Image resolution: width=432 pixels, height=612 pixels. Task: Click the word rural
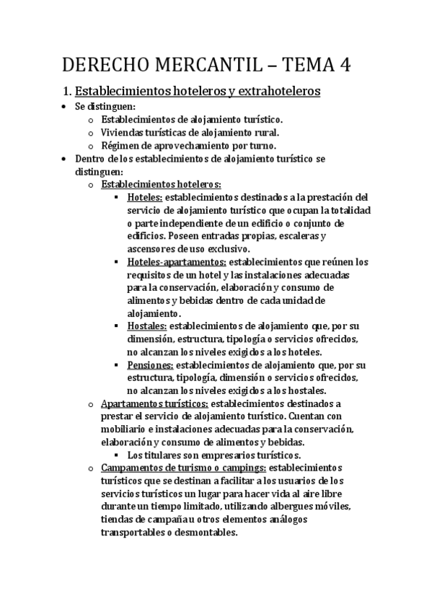pyautogui.click(x=264, y=132)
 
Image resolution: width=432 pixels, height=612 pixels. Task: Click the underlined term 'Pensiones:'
pyautogui.click(x=150, y=366)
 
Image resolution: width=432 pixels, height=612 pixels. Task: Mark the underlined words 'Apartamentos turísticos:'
pyautogui.click(x=155, y=404)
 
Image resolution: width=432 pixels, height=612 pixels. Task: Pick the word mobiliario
pyautogui.click(x=126, y=430)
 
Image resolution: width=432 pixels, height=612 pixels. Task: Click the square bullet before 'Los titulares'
pyautogui.click(x=116, y=455)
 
